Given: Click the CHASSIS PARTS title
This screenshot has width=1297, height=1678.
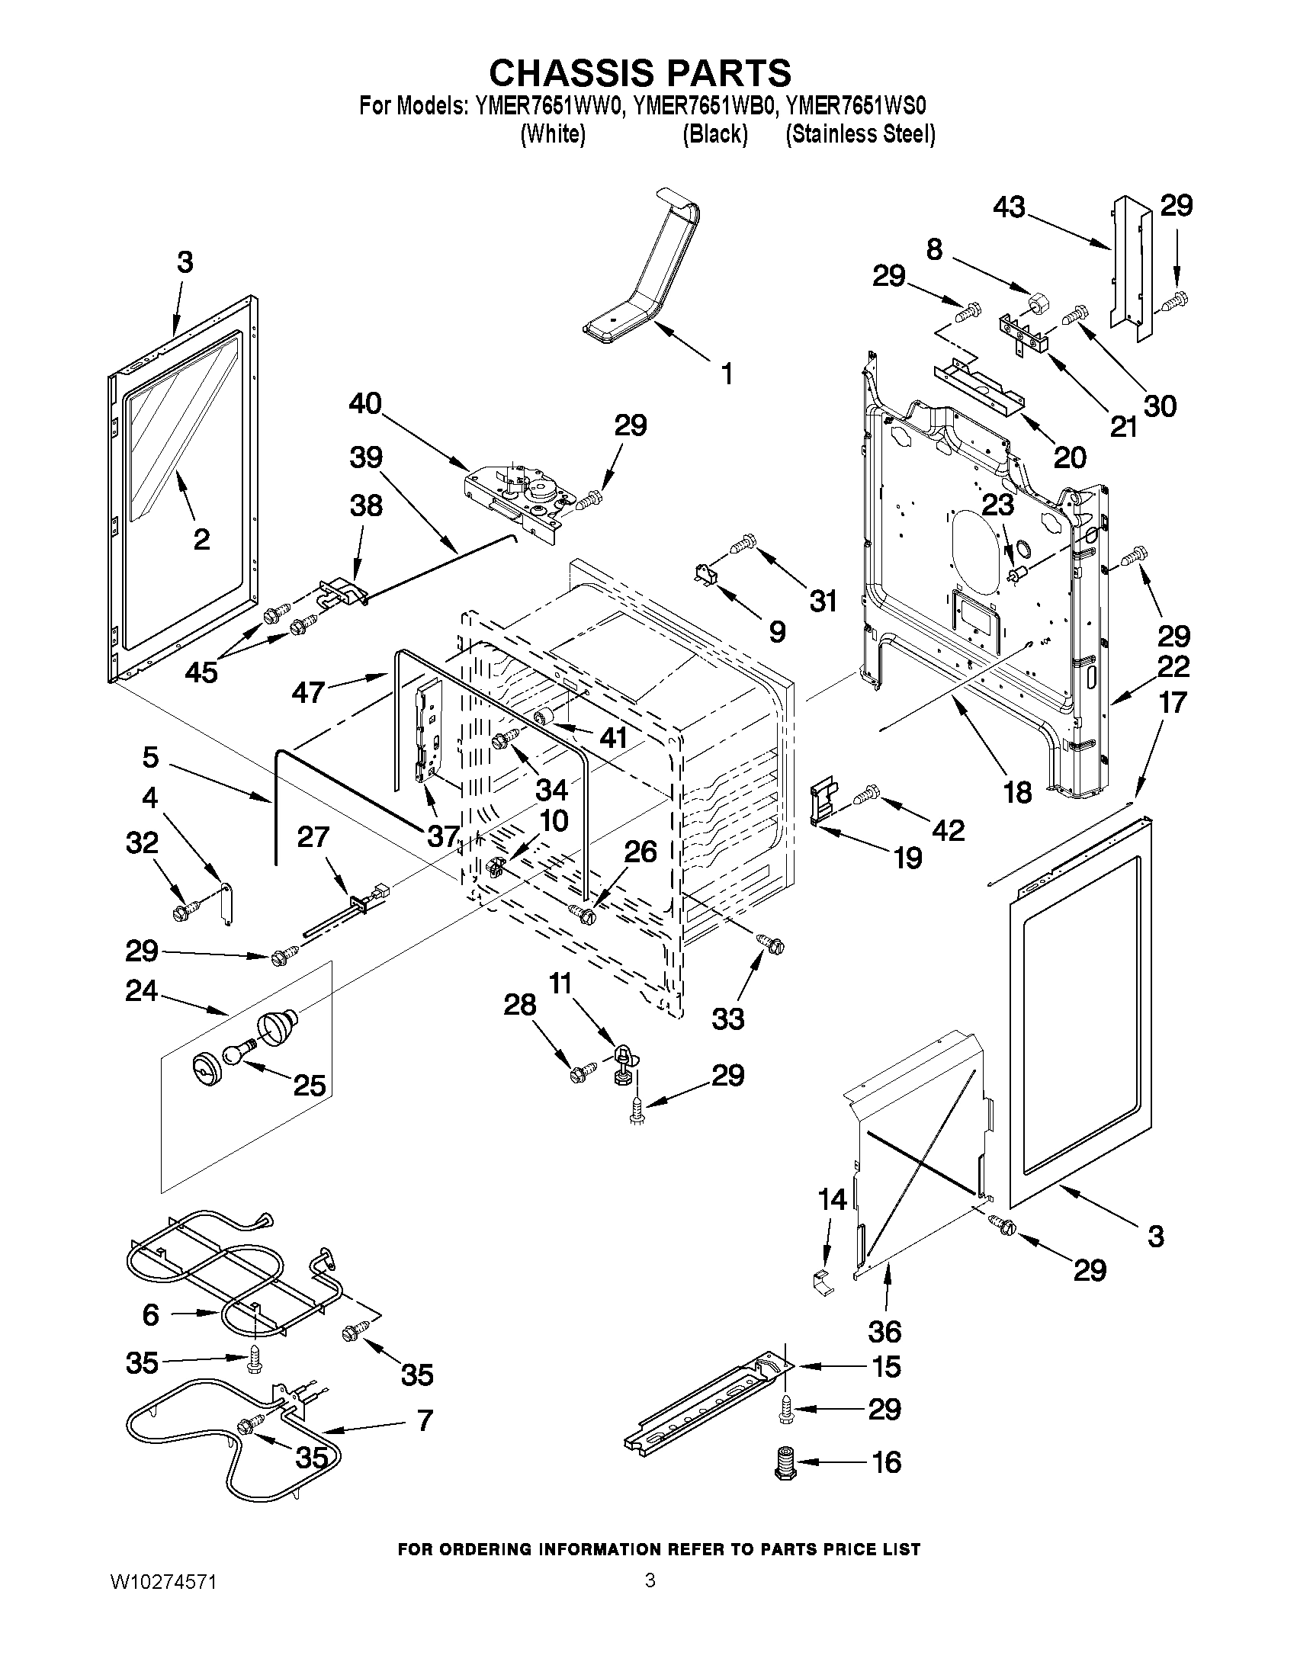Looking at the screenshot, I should click(x=640, y=73).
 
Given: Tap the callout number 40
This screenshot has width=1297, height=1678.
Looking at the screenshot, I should click(x=365, y=403).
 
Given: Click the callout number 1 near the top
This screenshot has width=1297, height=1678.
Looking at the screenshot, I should click(x=726, y=374).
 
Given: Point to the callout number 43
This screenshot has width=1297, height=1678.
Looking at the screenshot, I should click(x=1009, y=207).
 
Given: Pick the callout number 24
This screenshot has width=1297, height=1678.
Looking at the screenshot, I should click(x=142, y=991).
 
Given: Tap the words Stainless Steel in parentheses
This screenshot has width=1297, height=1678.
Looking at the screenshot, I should click(x=860, y=133).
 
